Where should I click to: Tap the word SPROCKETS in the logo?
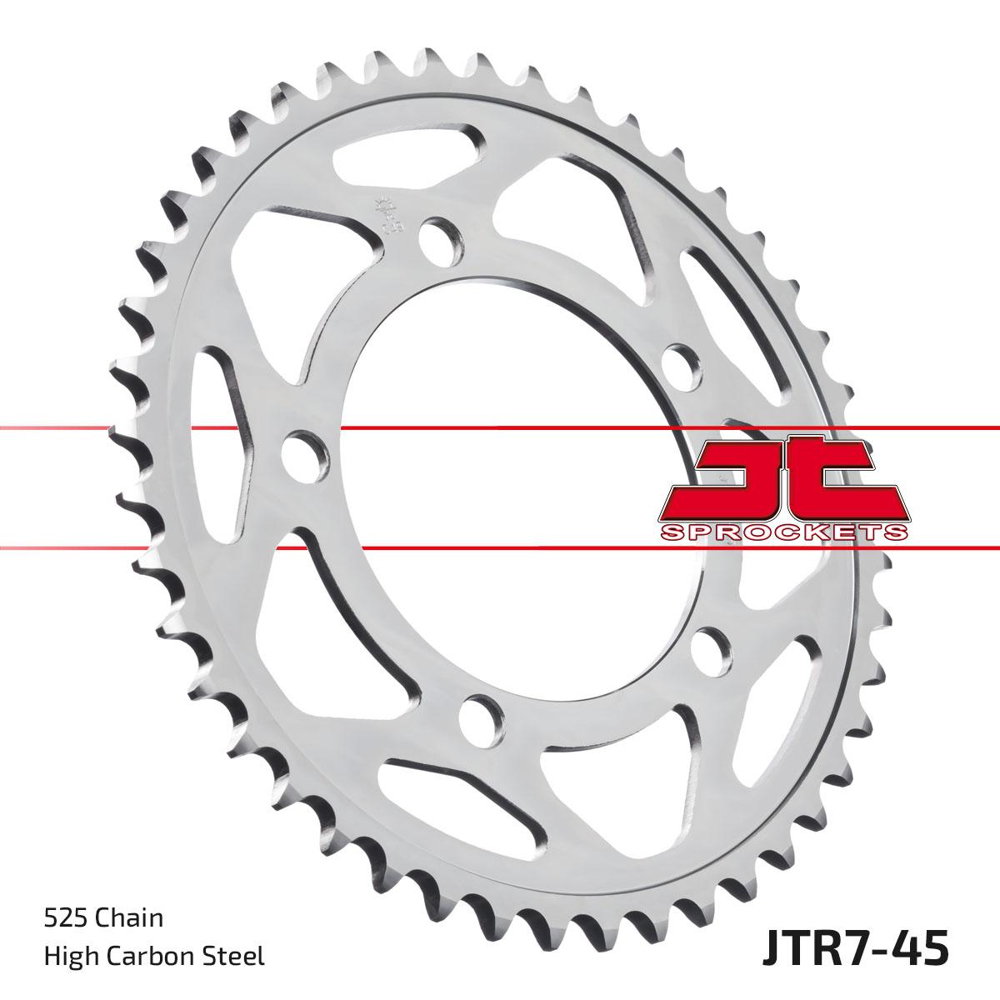pyautogui.click(x=783, y=532)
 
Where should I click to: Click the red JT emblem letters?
pyautogui.click(x=783, y=479)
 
